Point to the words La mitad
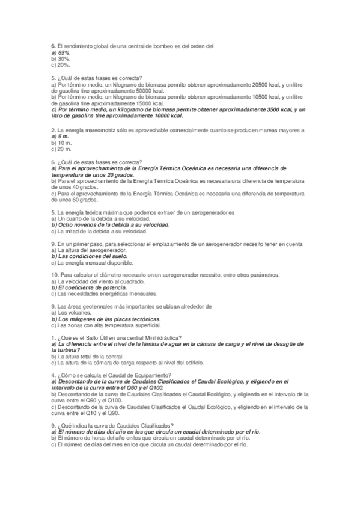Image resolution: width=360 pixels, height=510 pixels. point(69,232)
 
